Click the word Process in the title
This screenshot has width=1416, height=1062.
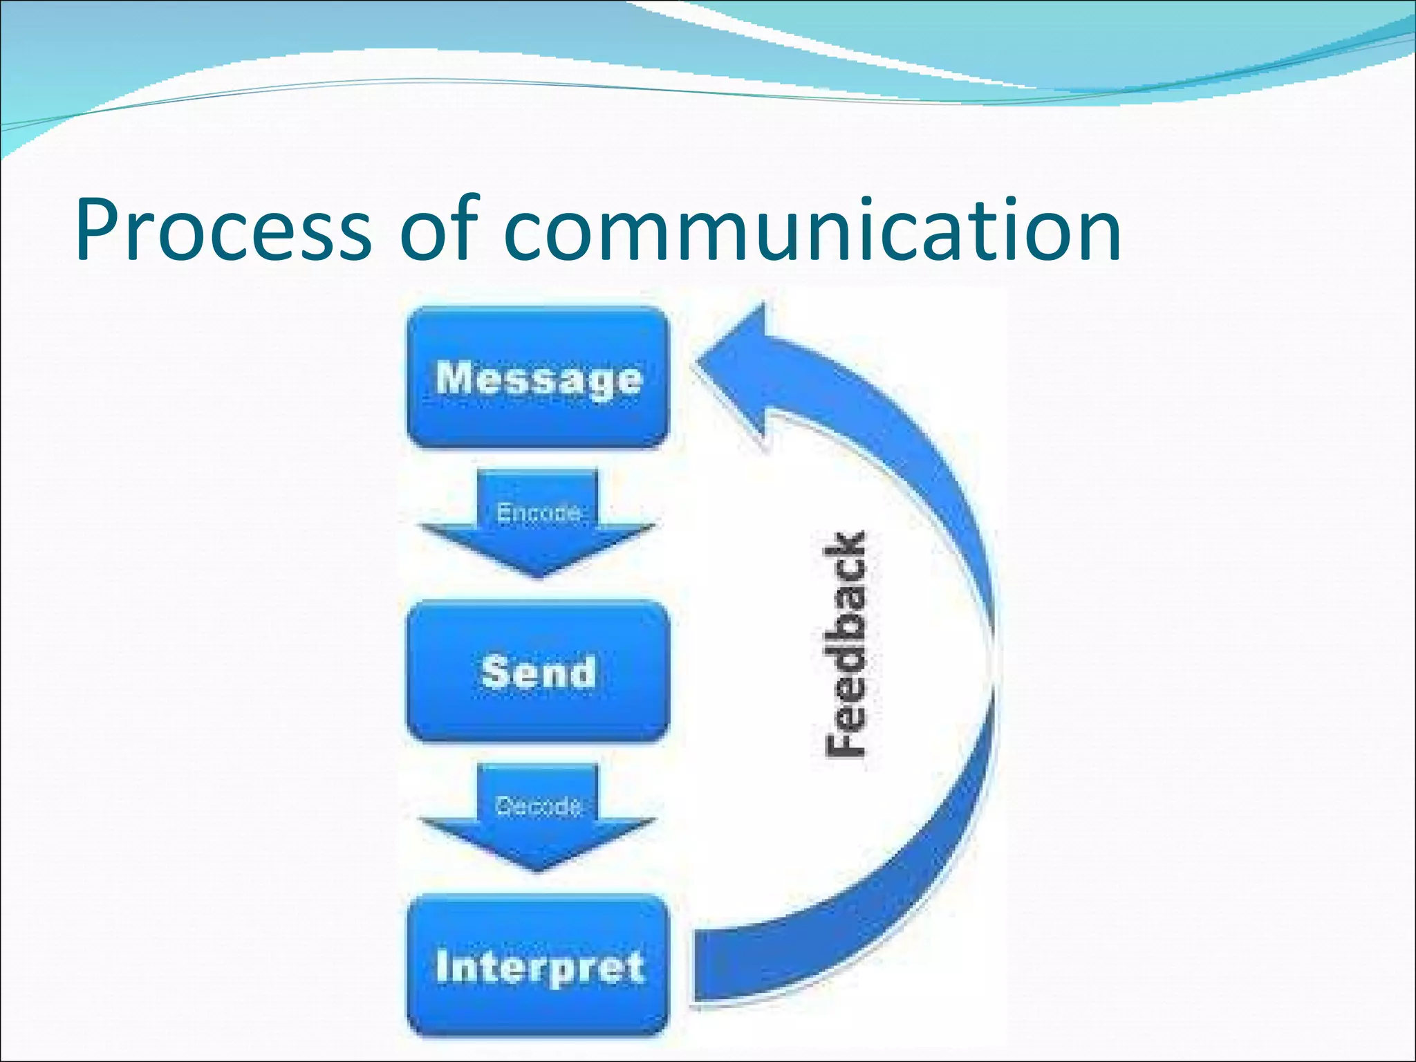point(223,230)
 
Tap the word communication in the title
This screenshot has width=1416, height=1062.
point(816,230)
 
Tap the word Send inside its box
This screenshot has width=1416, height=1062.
point(538,672)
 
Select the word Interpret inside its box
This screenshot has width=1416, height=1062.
point(539,967)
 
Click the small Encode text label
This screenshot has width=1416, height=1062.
point(539,513)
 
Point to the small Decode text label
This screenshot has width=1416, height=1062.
point(538,806)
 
